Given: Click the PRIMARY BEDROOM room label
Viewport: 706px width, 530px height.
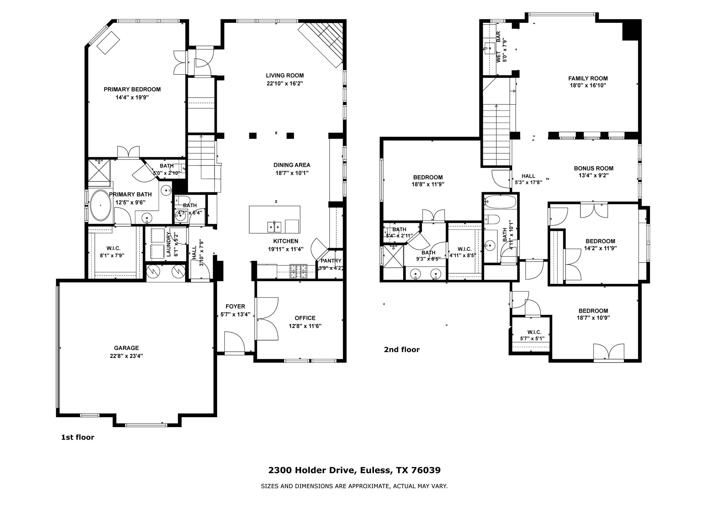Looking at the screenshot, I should (132, 89).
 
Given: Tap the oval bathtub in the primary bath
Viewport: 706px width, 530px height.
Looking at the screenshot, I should (100, 206).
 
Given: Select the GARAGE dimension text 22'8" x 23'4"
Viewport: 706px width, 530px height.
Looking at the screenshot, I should (124, 356).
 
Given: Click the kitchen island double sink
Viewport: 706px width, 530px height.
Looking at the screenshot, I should (274, 227).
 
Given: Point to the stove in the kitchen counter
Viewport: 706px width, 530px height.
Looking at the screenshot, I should (299, 271).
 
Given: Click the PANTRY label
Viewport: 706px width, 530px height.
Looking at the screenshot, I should (331, 261).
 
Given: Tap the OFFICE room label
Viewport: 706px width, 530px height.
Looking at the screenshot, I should (305, 318).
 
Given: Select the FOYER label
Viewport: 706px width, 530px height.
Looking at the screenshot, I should (235, 306).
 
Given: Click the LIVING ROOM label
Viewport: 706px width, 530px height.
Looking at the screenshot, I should (285, 76).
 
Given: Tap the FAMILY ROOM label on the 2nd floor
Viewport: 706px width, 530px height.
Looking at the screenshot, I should (588, 78).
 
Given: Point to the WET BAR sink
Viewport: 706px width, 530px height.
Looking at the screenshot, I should (489, 48).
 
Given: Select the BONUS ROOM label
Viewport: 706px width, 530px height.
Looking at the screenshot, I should (593, 168).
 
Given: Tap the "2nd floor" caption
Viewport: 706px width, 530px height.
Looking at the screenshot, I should (402, 350).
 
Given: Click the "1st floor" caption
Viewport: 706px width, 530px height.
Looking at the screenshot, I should (78, 437).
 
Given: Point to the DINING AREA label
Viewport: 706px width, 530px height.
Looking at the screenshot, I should (292, 165).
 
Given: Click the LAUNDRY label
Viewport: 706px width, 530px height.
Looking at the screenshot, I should (169, 244).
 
